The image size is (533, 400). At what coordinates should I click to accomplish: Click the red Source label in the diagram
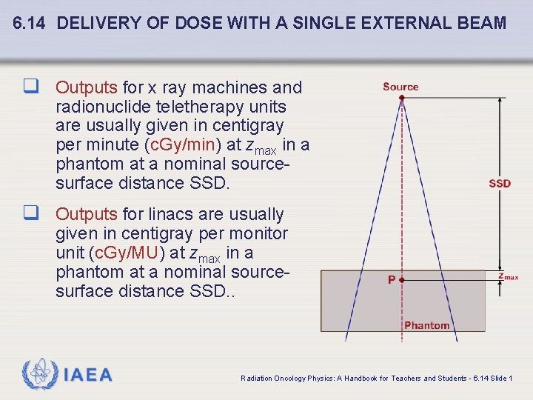tap(400, 87)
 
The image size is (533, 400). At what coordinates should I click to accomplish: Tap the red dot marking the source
tap(401, 98)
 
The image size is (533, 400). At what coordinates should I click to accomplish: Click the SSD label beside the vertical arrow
tap(500, 183)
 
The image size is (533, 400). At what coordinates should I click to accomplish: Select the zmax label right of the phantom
tap(507, 276)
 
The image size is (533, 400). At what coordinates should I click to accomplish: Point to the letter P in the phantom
tap(392, 280)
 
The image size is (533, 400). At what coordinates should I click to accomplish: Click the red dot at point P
tap(401, 280)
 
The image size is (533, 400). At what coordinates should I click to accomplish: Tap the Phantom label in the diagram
tap(426, 325)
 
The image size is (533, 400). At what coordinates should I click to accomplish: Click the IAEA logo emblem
tap(38, 375)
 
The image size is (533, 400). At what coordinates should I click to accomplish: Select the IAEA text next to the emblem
tap(88, 376)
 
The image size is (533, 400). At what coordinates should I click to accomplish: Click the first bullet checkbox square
tap(30, 87)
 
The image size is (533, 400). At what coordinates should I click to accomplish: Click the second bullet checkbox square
tap(30, 214)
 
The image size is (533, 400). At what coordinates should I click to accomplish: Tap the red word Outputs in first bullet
tap(87, 87)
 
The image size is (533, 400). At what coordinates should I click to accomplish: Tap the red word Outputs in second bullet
tap(87, 214)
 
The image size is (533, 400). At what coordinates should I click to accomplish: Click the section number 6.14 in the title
tap(30, 23)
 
